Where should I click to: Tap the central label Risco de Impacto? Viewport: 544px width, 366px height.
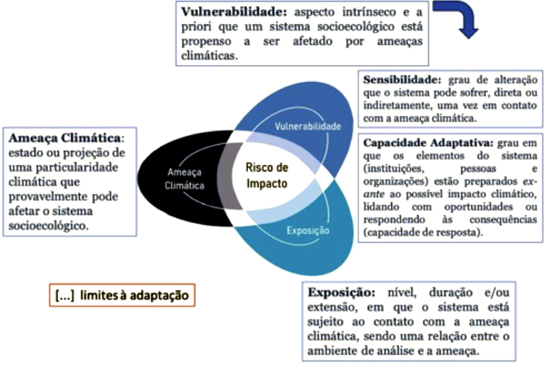pos(267,176)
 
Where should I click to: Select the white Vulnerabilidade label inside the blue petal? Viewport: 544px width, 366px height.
pos(307,126)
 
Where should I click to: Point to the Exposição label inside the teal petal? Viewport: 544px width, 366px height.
pos(307,231)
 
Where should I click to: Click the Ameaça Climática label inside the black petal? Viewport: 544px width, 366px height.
pos(184,179)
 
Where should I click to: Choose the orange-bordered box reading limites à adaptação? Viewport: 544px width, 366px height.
pos(122,295)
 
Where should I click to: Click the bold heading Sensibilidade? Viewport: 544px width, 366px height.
pos(402,80)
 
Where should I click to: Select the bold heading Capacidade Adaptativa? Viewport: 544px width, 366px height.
pos(428,143)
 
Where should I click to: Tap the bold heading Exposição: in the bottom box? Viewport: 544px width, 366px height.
pos(341,292)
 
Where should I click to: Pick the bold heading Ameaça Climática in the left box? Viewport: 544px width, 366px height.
pos(64,138)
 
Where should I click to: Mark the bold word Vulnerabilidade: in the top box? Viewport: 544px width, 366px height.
pos(234,12)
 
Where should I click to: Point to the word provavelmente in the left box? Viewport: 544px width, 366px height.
pos(47,197)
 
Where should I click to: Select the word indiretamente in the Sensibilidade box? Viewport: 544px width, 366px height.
pos(397,105)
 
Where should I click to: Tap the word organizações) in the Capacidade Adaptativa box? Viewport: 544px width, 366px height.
pos(396,182)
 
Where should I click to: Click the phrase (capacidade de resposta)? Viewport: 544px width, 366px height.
pos(423,233)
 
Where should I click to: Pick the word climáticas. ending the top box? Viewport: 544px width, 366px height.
pos(210,56)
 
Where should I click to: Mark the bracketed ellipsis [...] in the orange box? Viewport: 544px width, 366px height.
pos(65,295)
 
